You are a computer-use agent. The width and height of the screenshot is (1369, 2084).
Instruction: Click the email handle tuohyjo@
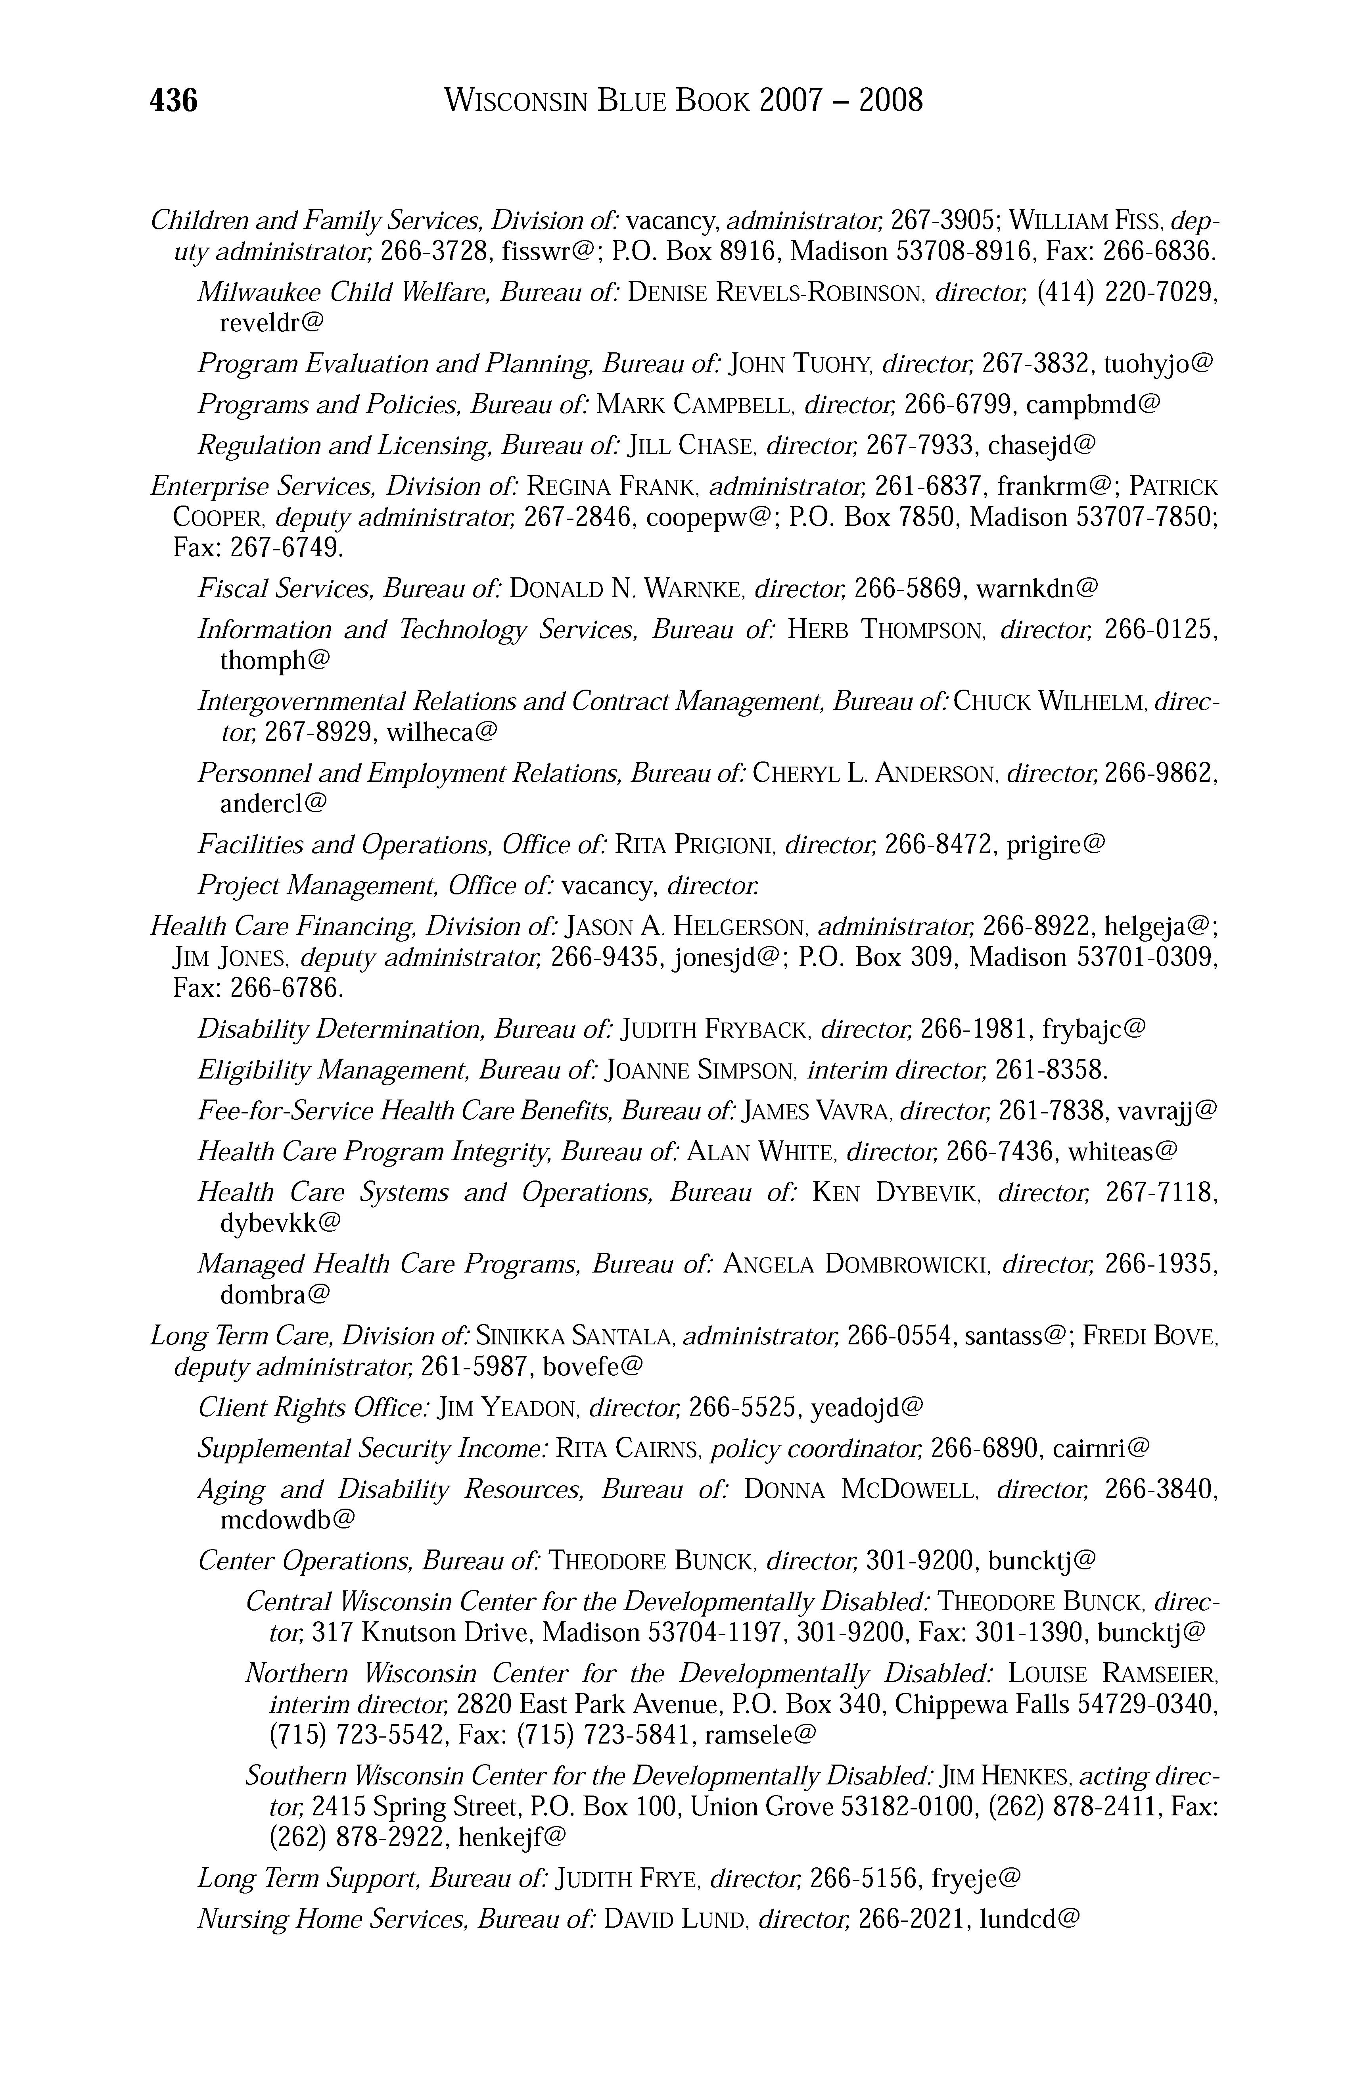coord(1158,363)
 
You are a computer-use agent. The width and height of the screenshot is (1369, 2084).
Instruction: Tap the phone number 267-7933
coord(919,446)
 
